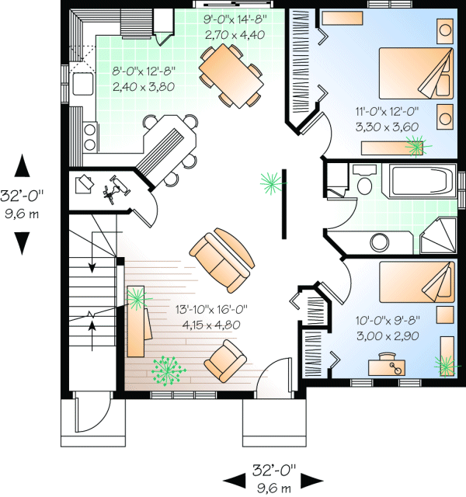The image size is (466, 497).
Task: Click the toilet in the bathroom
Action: (363, 179)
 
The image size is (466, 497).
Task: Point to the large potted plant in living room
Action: (169, 370)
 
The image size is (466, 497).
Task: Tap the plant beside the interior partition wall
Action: (271, 182)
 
